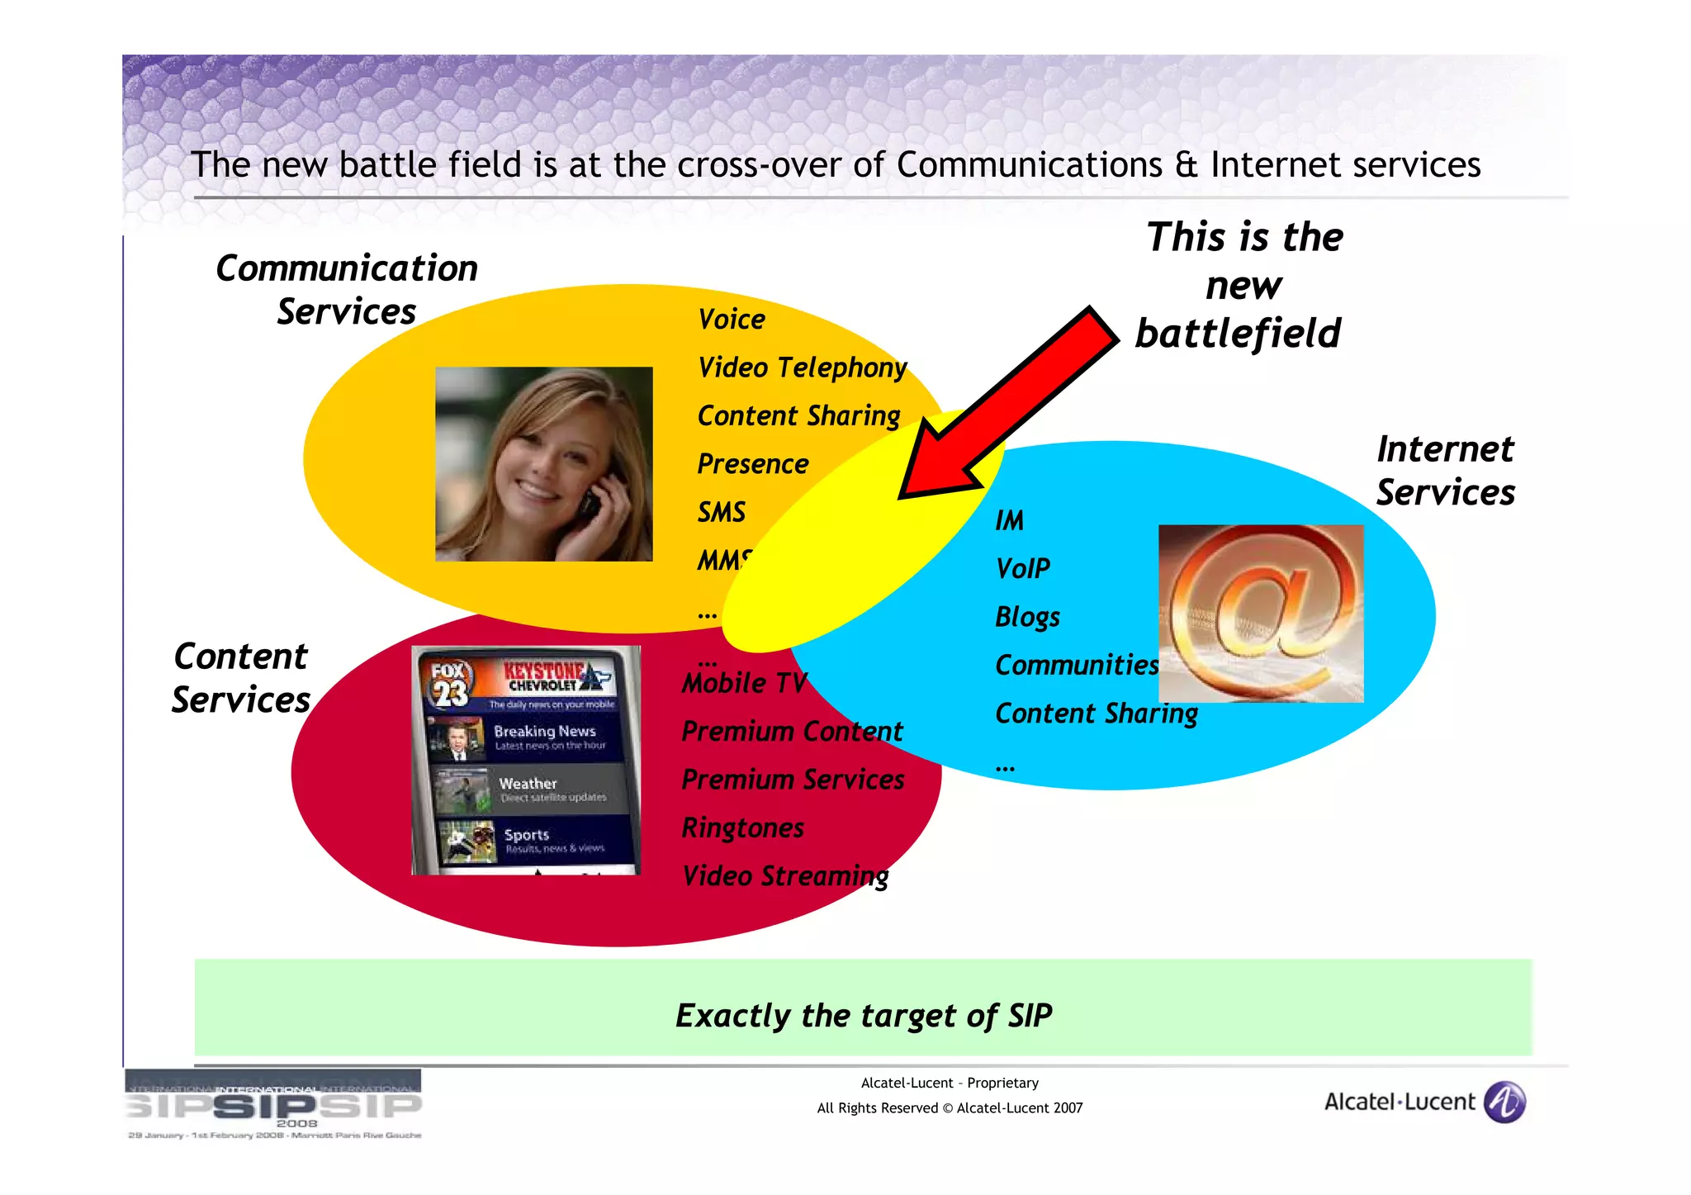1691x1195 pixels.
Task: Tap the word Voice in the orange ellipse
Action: (731, 320)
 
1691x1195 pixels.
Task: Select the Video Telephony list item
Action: (801, 368)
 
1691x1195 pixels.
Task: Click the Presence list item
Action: (752, 464)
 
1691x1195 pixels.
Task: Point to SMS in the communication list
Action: (721, 513)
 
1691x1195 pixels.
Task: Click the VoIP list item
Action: (1022, 569)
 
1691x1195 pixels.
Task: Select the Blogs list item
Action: (1026, 617)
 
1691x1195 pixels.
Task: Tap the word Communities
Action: (1076, 666)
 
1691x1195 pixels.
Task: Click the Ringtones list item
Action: (742, 828)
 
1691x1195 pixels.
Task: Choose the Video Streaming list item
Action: (784, 876)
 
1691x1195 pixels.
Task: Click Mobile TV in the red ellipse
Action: (743, 684)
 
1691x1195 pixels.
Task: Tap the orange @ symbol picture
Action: (1261, 614)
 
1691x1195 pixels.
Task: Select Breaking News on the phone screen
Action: (543, 732)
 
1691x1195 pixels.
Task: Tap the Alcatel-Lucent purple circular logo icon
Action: (1504, 1103)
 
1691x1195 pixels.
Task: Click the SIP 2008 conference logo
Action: (273, 1104)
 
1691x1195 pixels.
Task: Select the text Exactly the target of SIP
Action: (863, 1016)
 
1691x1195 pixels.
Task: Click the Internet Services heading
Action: (1445, 471)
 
